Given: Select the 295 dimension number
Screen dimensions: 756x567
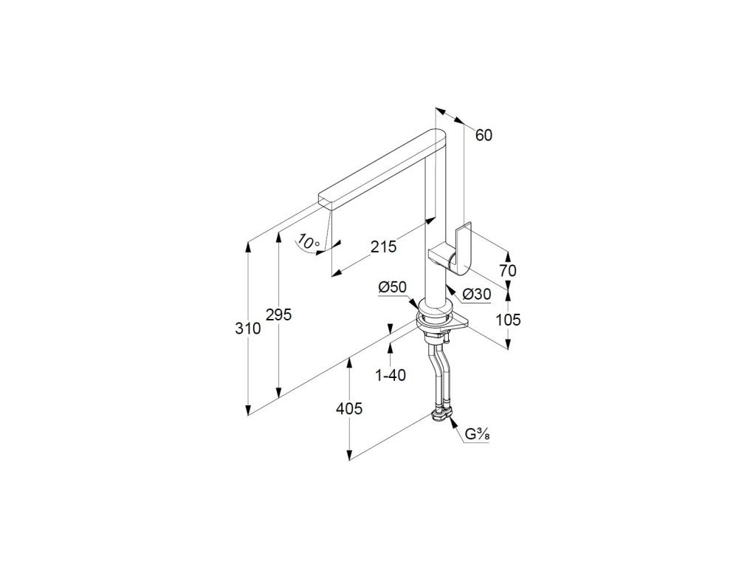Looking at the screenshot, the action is pyautogui.click(x=280, y=315).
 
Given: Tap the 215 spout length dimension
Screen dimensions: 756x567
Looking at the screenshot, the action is pyautogui.click(x=384, y=247).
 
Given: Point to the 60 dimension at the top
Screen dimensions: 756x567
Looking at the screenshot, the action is pyautogui.click(x=484, y=135).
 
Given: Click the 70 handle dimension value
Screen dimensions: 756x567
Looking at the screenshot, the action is pyautogui.click(x=506, y=271).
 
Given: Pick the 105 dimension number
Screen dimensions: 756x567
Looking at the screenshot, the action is pyautogui.click(x=507, y=320).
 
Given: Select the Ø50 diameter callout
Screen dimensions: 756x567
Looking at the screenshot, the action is pyautogui.click(x=392, y=287).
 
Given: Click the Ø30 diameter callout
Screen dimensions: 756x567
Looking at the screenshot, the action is pyautogui.click(x=476, y=294).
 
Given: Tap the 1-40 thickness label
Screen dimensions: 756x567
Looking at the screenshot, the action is pyautogui.click(x=391, y=375).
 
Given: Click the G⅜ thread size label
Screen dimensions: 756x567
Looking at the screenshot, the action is pyautogui.click(x=477, y=434).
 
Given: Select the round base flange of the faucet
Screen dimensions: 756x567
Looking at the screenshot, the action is pyautogui.click(x=436, y=317).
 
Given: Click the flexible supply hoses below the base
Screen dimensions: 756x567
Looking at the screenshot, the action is pyautogui.click(x=438, y=377).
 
